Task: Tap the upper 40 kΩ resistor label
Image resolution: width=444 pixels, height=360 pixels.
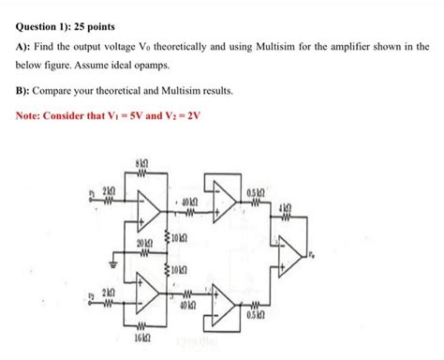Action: click(x=186, y=201)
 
